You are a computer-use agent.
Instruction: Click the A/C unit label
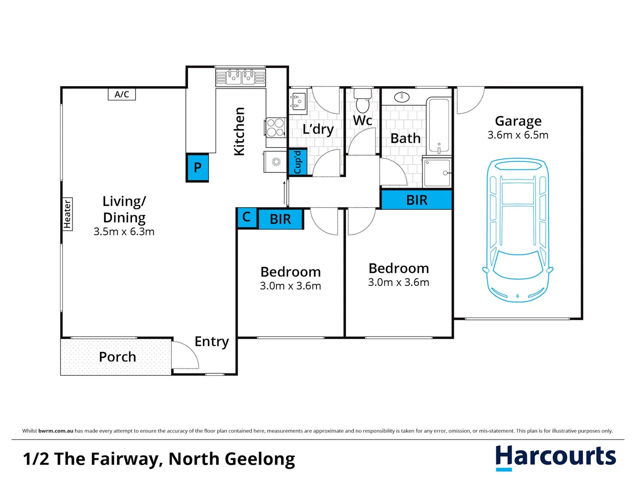(122, 94)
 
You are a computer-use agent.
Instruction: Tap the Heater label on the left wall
(67, 214)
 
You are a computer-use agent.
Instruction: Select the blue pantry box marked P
(197, 167)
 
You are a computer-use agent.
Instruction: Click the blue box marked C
(247, 217)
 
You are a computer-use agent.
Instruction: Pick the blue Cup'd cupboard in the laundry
(297, 162)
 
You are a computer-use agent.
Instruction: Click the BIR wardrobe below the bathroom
(416, 200)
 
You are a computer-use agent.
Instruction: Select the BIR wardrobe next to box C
(280, 219)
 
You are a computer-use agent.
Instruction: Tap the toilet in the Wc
(363, 101)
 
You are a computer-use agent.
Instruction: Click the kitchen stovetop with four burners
(276, 127)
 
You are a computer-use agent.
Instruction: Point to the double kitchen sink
(241, 77)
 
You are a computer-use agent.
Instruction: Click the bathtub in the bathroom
(438, 125)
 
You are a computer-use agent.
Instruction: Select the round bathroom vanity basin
(402, 97)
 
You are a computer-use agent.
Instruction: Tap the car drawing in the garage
(518, 230)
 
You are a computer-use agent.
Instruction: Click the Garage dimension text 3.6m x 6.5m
(518, 135)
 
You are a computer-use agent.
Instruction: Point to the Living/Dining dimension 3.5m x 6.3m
(124, 231)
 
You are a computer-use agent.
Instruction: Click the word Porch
(117, 357)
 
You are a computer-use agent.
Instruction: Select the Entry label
(212, 341)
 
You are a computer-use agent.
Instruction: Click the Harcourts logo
(555, 457)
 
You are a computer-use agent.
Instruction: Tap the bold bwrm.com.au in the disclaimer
(56, 431)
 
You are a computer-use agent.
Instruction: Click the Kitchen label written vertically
(239, 131)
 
